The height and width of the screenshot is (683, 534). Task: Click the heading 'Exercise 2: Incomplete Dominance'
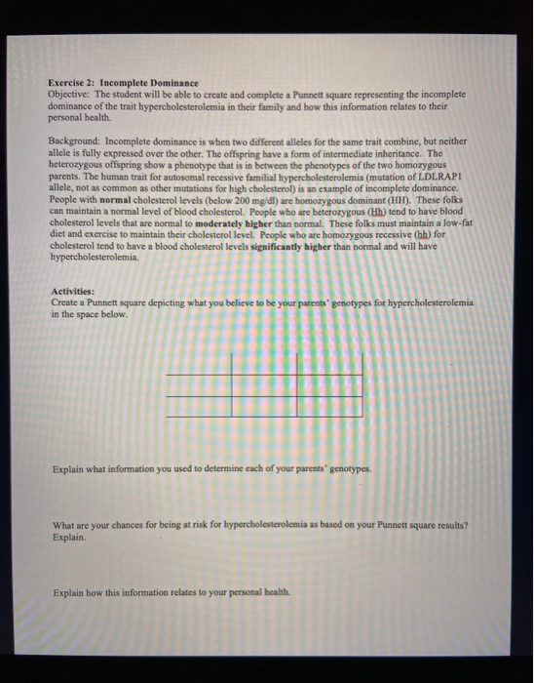pyautogui.click(x=123, y=83)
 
